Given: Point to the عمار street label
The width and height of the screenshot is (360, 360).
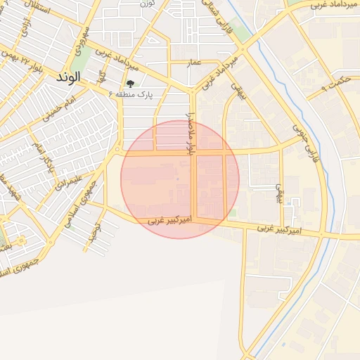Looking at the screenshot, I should click(x=194, y=63).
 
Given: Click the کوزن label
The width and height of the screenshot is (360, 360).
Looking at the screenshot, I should click(x=147, y=4).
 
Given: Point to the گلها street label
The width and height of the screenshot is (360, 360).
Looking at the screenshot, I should click(x=103, y=75).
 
